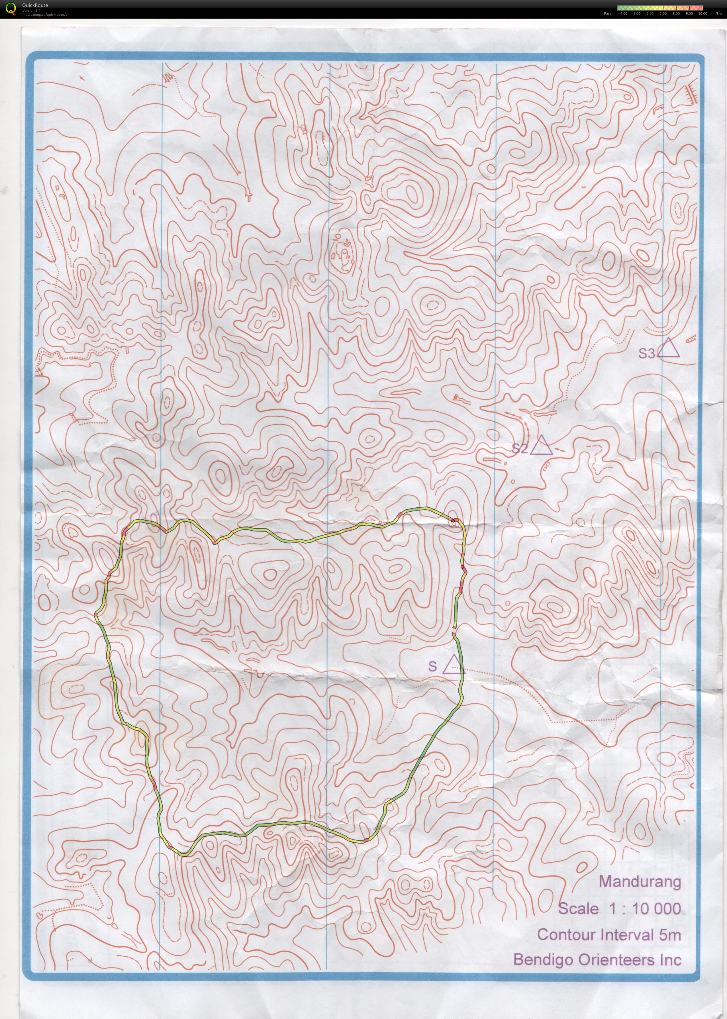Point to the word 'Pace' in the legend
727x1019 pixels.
click(x=607, y=13)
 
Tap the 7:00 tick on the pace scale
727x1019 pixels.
click(x=663, y=13)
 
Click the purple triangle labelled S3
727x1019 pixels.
click(x=669, y=349)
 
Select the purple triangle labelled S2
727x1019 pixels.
click(x=542, y=446)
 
